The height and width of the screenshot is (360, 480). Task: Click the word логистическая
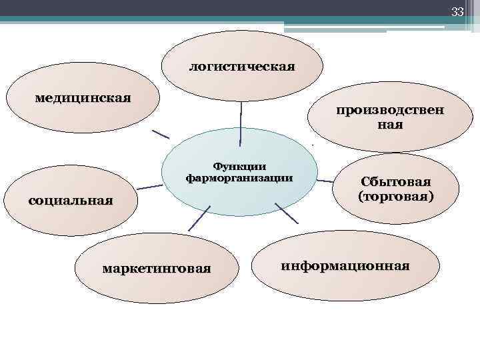242,67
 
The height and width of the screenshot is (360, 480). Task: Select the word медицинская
83,97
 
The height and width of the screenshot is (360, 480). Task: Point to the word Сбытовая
396,182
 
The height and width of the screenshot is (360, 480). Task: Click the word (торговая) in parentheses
395,197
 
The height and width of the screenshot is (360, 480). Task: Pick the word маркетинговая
156,269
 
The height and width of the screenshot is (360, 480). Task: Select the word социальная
71,200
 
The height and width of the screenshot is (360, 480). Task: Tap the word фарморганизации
239,178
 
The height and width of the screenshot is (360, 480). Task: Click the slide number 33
457,11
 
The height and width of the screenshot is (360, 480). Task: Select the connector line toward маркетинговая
199,217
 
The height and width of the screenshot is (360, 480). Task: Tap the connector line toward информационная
287,214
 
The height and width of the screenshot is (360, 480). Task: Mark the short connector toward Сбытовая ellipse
325,180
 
